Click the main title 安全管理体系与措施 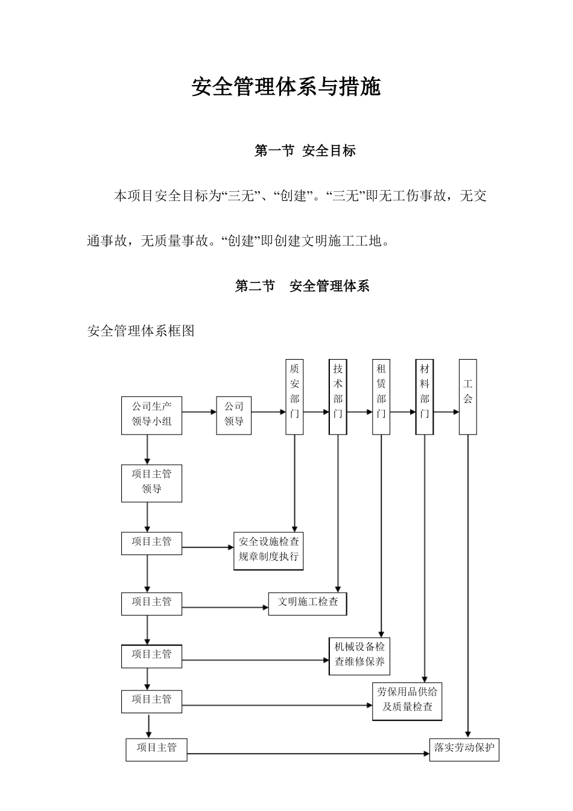click(x=286, y=87)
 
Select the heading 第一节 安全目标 click(x=305, y=151)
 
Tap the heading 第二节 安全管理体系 click(x=302, y=286)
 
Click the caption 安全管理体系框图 click(x=141, y=331)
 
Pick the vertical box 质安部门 click(x=294, y=396)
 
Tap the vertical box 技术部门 click(x=338, y=396)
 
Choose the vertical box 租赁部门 click(x=381, y=396)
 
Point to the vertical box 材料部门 click(x=425, y=396)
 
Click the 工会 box click(x=468, y=396)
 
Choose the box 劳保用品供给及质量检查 click(x=407, y=701)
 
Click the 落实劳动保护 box click(x=464, y=749)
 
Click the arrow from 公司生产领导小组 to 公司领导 click(x=199, y=412)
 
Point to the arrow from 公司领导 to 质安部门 click(x=268, y=412)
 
